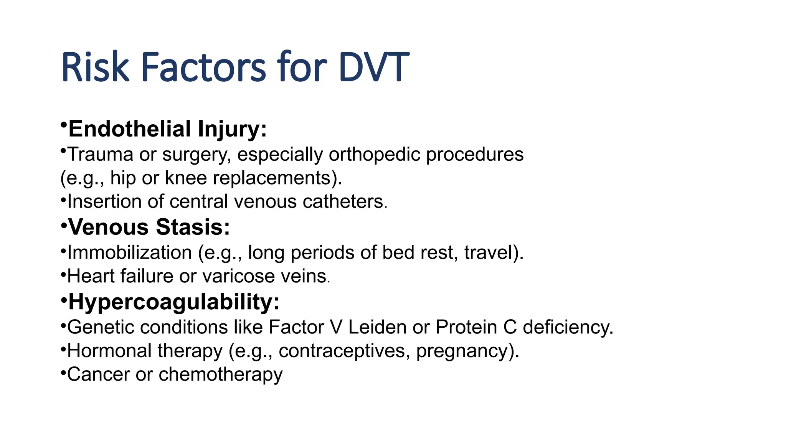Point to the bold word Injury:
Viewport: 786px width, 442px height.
point(232,129)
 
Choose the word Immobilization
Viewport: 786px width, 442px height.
point(130,253)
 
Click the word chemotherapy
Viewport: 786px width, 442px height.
point(220,374)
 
